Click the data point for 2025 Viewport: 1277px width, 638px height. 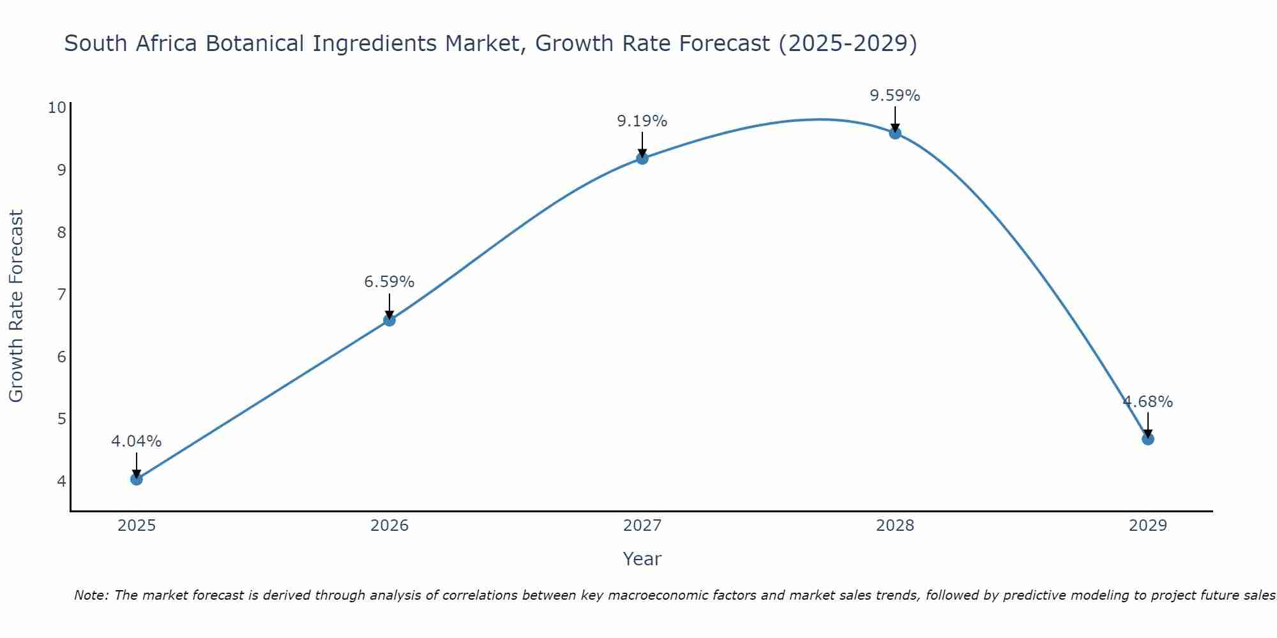tap(137, 479)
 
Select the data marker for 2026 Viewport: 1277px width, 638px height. tap(389, 320)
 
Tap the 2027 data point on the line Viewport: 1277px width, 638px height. tap(642, 158)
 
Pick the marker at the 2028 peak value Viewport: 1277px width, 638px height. tap(895, 133)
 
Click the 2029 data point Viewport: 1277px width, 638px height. tap(1147, 439)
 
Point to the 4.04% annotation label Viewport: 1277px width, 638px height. tap(137, 441)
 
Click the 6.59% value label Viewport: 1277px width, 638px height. tap(389, 282)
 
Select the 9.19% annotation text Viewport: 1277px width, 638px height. tap(642, 121)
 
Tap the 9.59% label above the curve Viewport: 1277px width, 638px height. tap(895, 96)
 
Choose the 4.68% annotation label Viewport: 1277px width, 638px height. tap(1147, 402)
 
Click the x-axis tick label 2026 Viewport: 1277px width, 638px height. tap(389, 526)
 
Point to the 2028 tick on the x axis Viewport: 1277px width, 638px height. tap(895, 526)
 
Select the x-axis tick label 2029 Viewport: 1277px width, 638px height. tap(1147, 526)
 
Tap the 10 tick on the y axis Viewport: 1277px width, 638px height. tap(57, 107)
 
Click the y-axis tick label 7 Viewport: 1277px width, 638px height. tap(62, 294)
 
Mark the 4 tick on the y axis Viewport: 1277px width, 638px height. tap(62, 481)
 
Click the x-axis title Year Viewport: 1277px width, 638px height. tap(642, 559)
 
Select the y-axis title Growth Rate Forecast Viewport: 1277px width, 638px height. tap(17, 306)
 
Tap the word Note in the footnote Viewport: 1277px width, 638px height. tap(91, 596)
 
